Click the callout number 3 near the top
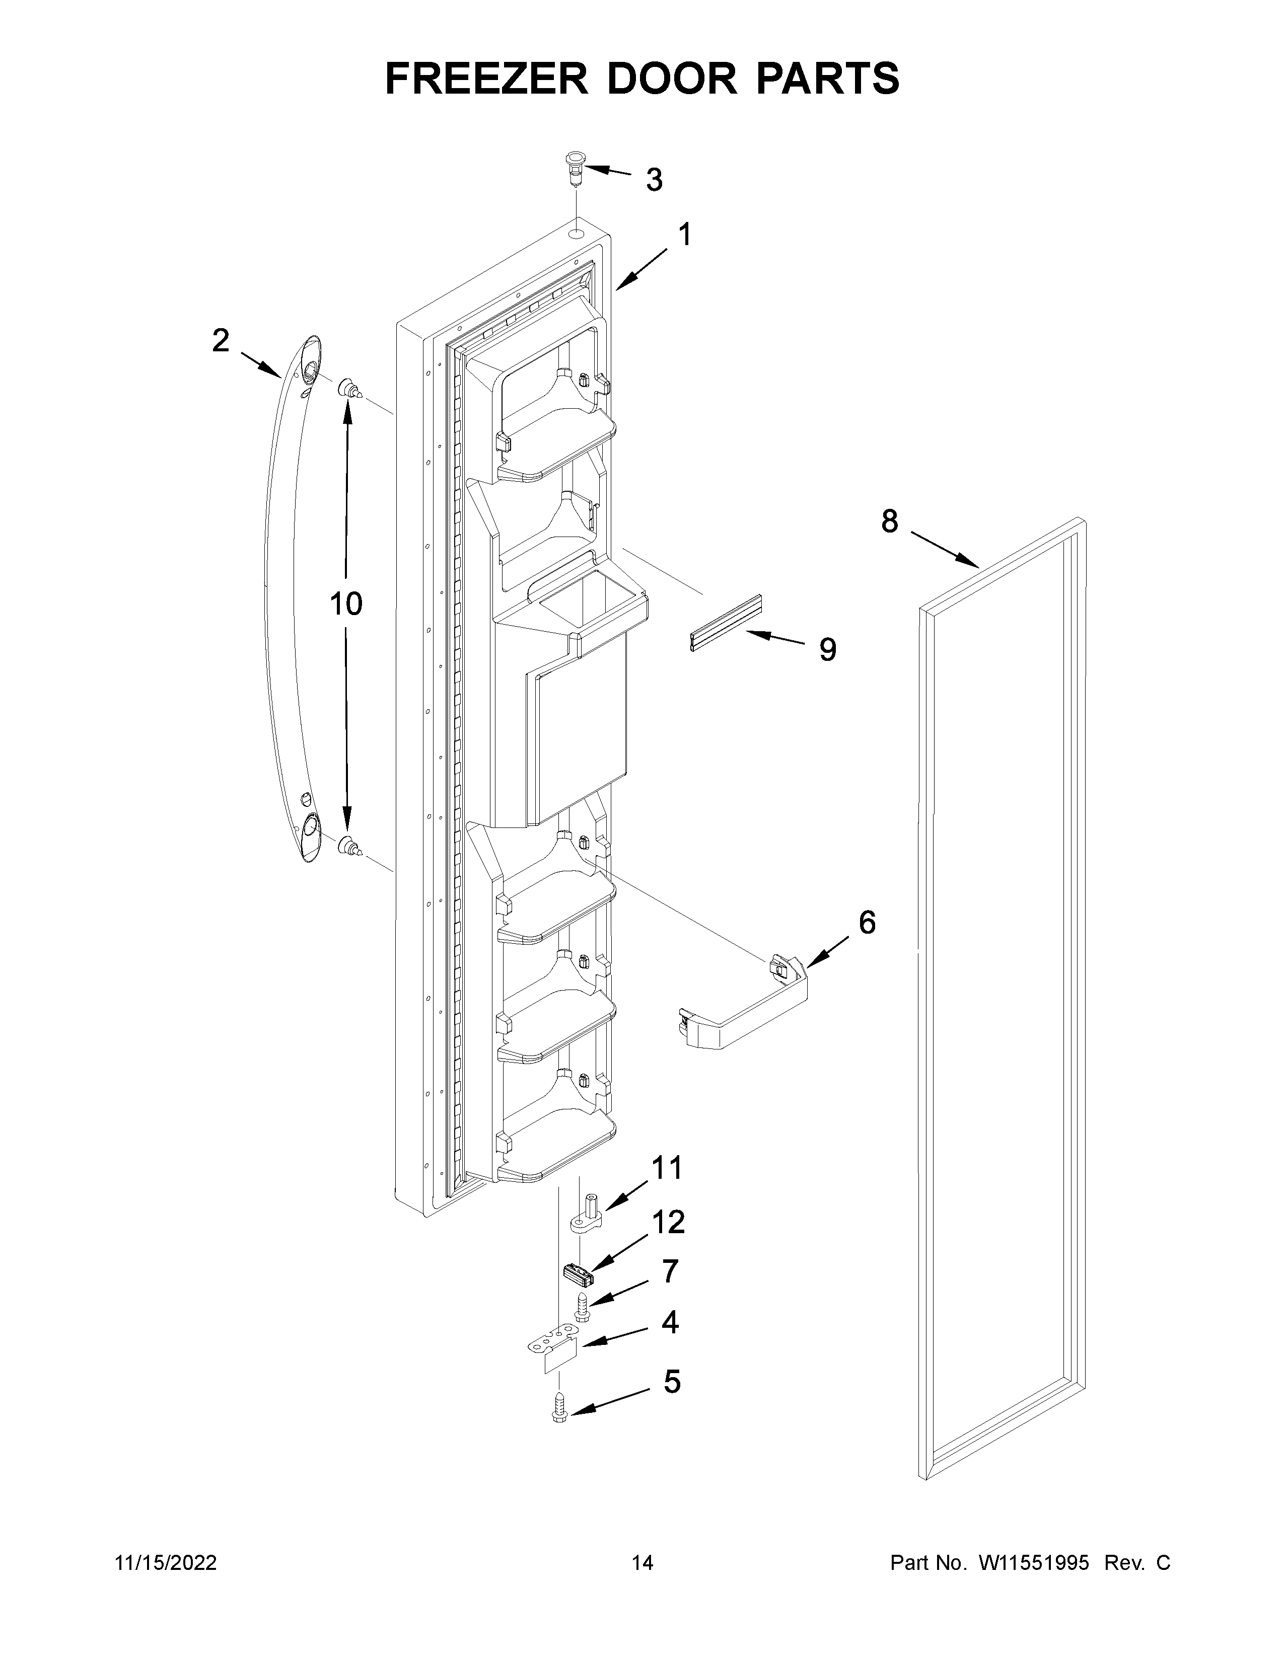point(654,180)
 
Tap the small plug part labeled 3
point(574,168)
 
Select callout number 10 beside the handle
point(346,604)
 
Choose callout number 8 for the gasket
point(889,522)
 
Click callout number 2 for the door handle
point(221,341)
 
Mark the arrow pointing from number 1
point(640,271)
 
